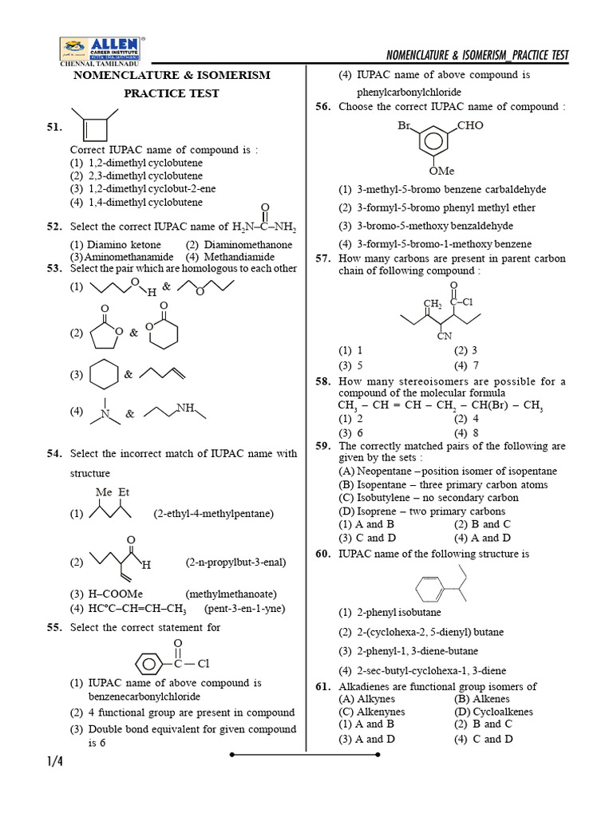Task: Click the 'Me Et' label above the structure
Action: pos(112,492)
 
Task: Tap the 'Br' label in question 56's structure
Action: pos(404,126)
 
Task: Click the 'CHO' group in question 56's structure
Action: pos(470,126)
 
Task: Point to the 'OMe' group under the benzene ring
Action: pos(441,171)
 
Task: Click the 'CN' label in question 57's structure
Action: pos(445,336)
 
